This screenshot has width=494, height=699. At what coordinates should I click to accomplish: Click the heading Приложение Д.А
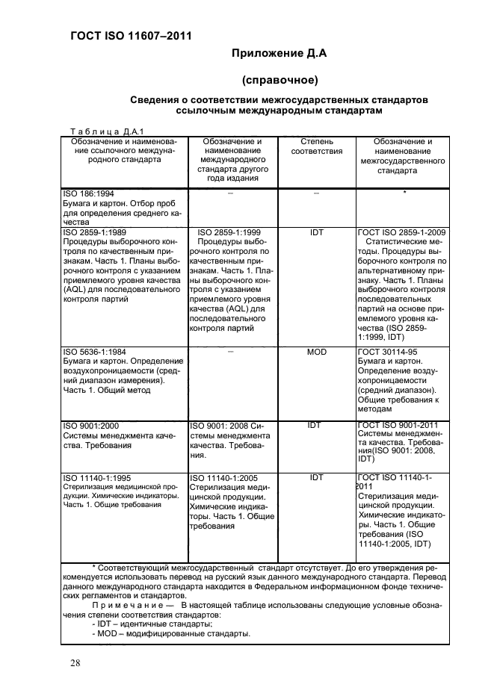[280, 53]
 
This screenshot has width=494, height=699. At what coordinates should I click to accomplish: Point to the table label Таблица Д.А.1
[102, 130]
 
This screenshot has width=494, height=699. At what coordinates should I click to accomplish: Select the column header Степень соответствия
[316, 146]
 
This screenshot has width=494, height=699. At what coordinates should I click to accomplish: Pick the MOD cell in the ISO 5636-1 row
[317, 351]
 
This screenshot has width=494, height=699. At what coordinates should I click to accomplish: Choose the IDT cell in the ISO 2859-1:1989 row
[317, 232]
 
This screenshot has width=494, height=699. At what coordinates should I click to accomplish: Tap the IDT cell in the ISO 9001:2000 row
[317, 425]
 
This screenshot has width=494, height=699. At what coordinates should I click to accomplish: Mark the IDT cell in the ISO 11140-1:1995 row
[317, 476]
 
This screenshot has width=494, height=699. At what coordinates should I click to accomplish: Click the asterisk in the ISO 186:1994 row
[404, 193]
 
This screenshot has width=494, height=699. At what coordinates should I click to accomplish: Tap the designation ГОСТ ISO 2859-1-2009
[403, 232]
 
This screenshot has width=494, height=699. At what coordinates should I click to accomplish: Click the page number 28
[75, 663]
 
